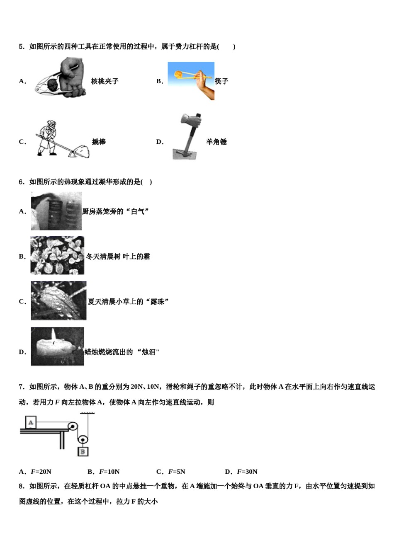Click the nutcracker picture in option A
(x=60, y=79)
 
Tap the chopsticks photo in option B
(x=191, y=81)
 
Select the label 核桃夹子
(x=105, y=81)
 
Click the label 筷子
(x=221, y=81)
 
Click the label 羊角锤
(x=216, y=142)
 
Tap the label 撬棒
(x=99, y=142)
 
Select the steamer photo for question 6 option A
(x=56, y=211)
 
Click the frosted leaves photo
(x=57, y=256)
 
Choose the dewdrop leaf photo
(x=58, y=300)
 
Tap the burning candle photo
(x=57, y=346)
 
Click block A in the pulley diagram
(x=31, y=423)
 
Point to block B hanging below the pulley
(x=83, y=451)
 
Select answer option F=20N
(x=41, y=472)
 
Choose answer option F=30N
(x=247, y=472)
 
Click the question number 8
(x=22, y=486)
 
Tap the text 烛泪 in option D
(x=148, y=352)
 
